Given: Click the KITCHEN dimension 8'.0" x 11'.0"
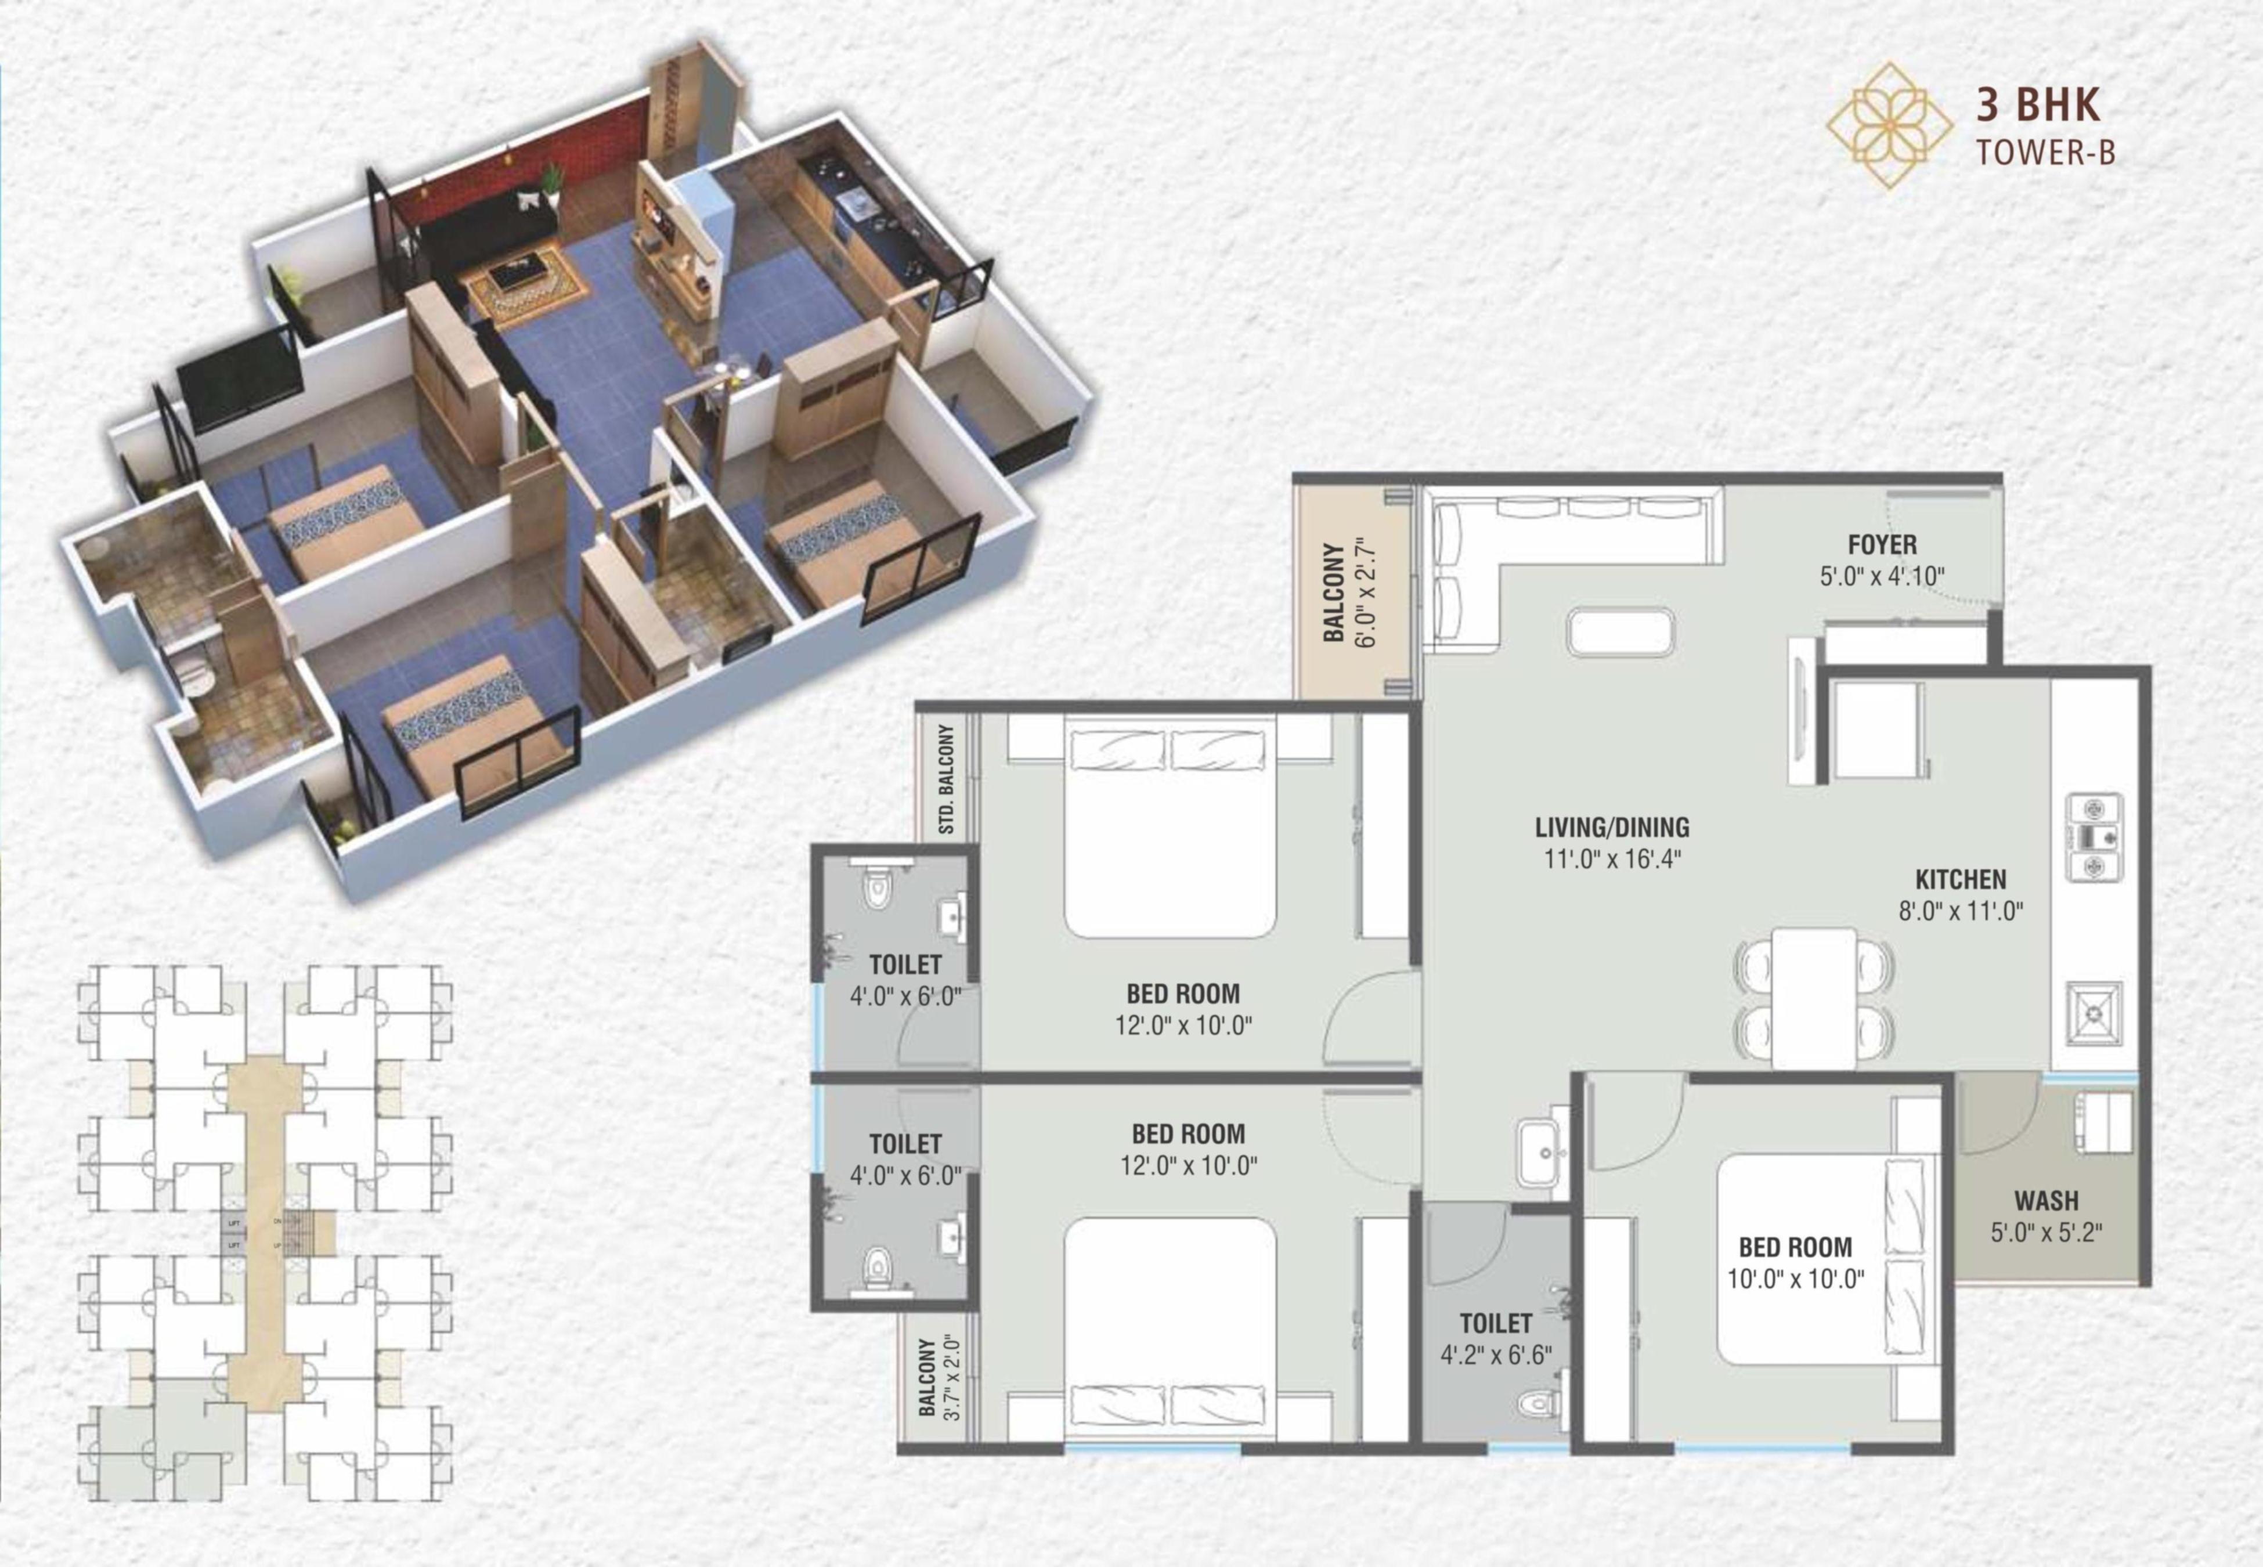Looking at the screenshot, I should (x=1961, y=911).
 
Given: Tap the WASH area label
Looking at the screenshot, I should (x=2046, y=1201).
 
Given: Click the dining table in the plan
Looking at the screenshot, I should (x=1814, y=998).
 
